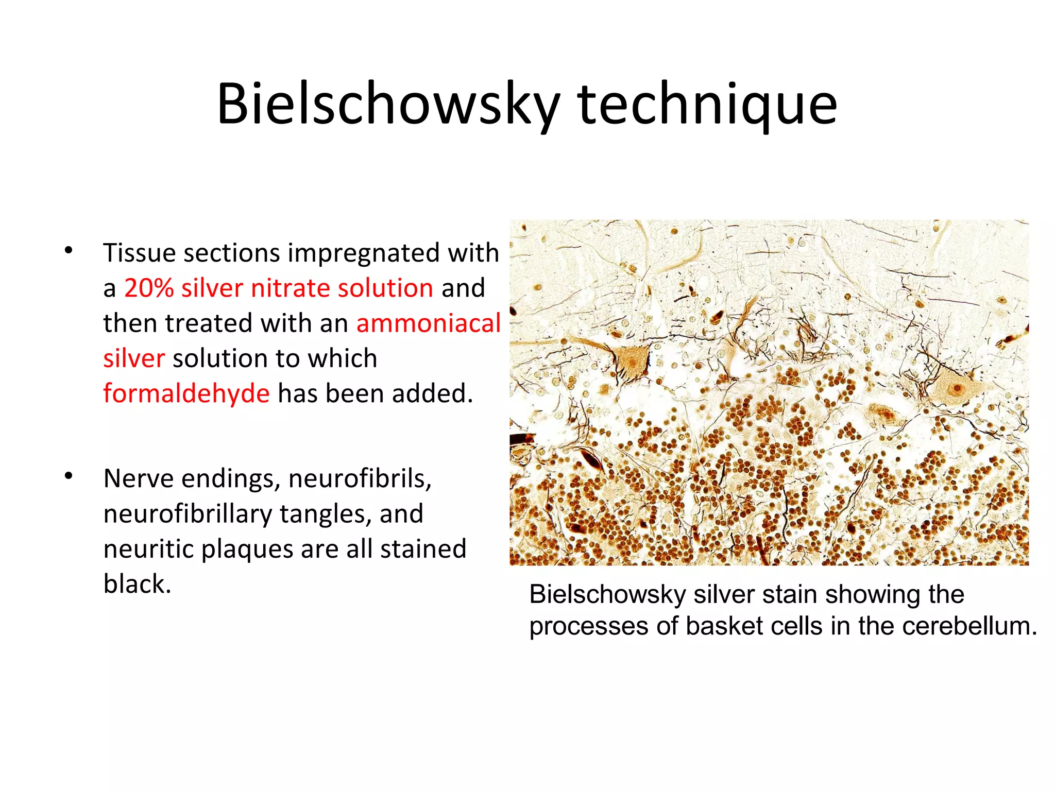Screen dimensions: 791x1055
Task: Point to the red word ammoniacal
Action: point(428,323)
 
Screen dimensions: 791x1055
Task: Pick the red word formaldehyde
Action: point(186,393)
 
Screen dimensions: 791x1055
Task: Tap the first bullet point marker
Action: point(69,251)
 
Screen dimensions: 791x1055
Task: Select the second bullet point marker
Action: point(69,476)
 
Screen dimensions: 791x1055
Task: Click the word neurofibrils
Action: point(360,478)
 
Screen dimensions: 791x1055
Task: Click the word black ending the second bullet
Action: point(137,584)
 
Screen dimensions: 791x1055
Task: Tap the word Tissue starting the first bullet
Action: point(139,253)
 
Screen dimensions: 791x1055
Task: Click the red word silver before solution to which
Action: point(134,358)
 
